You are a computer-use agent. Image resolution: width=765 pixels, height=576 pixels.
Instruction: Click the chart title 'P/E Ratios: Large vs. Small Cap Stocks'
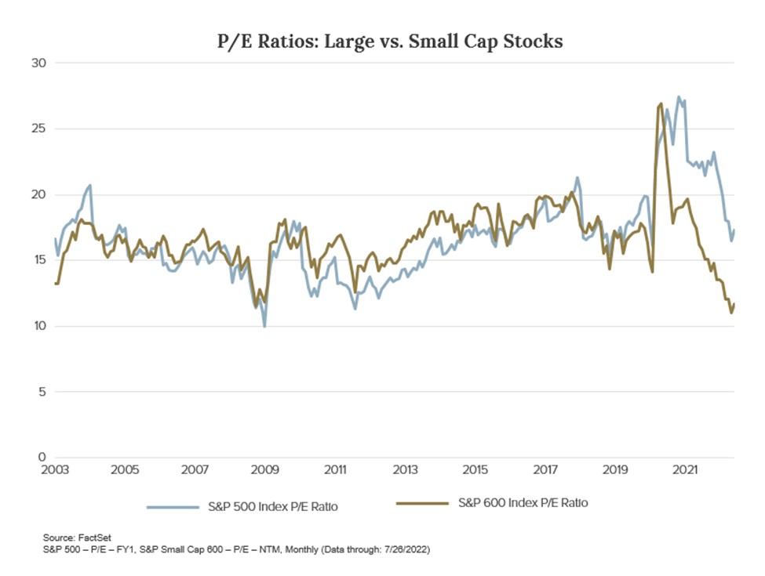point(390,42)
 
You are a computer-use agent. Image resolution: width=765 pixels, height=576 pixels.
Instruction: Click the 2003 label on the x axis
point(55,471)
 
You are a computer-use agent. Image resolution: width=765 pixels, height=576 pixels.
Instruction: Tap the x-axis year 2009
point(265,471)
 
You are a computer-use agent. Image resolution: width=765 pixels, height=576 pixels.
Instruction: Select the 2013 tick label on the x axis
point(405,471)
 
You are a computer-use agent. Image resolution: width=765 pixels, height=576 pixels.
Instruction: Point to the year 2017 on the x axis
point(545,471)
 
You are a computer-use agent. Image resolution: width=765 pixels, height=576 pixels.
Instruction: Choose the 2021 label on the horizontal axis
point(686,471)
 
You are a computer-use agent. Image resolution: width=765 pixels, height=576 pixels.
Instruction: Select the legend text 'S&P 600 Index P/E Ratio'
point(523,503)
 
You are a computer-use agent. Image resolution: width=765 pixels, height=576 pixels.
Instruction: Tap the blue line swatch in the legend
point(175,506)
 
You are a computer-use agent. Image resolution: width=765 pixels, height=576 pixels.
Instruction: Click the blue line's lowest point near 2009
point(264,326)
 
